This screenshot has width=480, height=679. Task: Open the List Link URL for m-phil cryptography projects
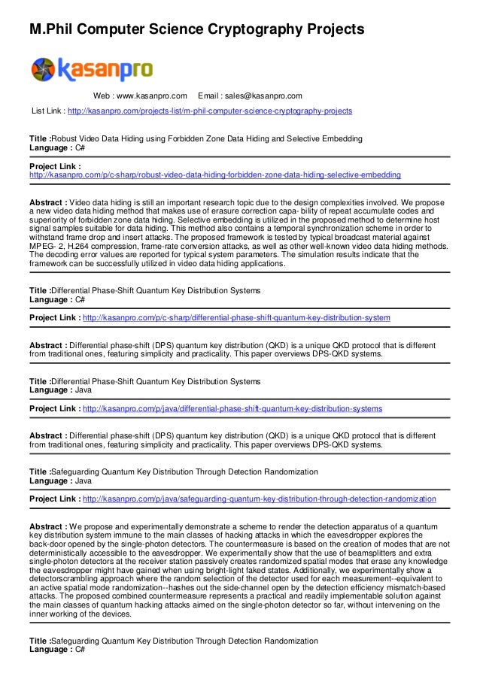[209, 111]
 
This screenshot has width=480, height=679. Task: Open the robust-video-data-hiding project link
[214, 174]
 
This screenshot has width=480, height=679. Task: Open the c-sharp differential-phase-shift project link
[235, 318]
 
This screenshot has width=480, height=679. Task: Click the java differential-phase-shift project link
[232, 408]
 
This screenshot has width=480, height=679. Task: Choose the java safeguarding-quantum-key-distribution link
[259, 499]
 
